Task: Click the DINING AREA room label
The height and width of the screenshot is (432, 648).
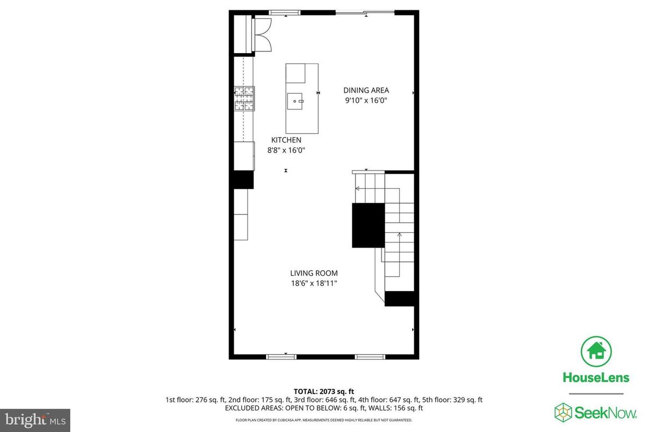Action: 366,90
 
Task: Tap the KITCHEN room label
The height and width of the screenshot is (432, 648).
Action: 286,140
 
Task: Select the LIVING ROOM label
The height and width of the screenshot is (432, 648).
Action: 314,273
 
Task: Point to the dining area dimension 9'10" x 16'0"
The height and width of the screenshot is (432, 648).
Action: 366,100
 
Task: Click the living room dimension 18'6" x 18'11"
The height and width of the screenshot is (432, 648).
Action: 314,283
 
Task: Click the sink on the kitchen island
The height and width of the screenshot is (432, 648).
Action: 296,100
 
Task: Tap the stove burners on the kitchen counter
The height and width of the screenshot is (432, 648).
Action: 243,99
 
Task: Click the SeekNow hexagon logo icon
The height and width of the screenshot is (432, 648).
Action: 563,412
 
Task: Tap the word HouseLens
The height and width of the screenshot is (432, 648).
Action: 595,377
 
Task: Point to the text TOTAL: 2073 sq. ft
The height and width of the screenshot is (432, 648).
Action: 323,391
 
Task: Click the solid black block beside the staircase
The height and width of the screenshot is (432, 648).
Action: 368,225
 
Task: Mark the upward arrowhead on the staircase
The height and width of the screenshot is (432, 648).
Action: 399,234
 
